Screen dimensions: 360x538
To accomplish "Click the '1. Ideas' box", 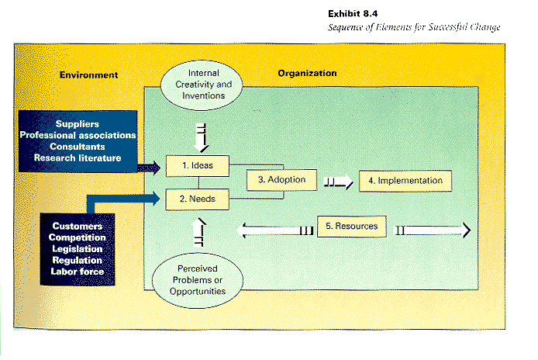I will click(199, 165).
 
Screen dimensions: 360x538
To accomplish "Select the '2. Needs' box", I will click(199, 199).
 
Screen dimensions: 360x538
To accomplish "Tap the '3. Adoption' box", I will click(276, 180).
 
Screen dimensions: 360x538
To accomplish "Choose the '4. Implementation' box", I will click(405, 181).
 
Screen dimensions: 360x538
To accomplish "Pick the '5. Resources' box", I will click(351, 227).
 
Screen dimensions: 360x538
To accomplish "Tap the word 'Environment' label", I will click(88, 75).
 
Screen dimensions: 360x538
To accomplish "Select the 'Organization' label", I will click(307, 74).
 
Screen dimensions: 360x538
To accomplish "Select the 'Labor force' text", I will click(77, 272).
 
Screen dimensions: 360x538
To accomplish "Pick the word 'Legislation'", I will click(77, 248).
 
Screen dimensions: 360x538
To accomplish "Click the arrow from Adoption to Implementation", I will click(339, 182).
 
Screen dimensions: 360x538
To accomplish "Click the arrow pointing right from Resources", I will click(434, 230).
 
